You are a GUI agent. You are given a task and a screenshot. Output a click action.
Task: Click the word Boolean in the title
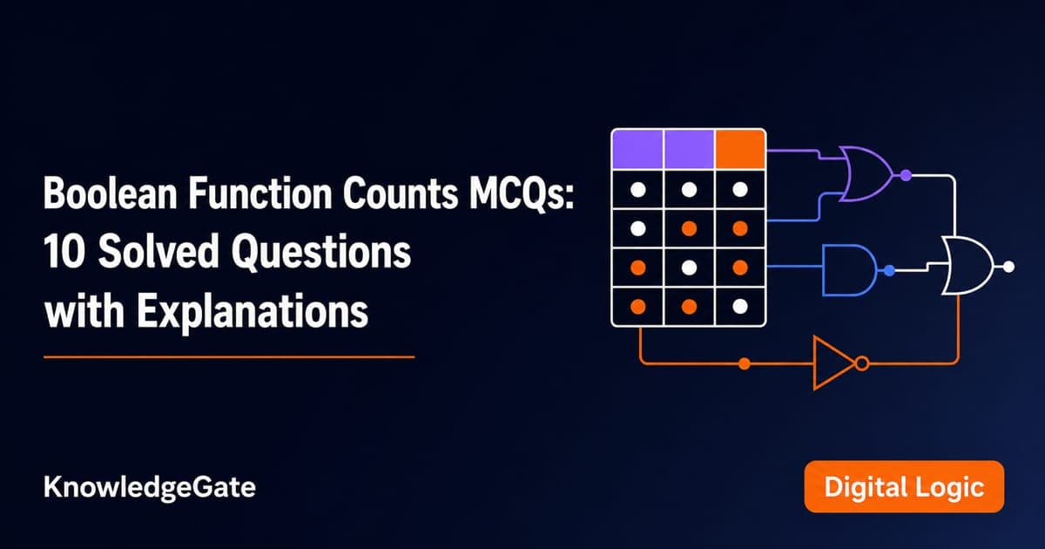(110, 193)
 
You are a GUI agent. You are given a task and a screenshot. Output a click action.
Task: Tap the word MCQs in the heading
(522, 194)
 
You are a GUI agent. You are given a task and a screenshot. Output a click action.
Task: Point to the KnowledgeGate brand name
(150, 488)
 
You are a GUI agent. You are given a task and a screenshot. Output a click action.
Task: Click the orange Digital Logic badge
(904, 487)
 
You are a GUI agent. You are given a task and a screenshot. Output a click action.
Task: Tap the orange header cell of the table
(740, 149)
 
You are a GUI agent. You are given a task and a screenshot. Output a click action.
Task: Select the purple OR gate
(866, 174)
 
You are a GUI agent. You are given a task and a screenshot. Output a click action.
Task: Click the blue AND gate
(850, 270)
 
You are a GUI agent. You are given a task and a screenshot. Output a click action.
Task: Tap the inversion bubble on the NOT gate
(863, 363)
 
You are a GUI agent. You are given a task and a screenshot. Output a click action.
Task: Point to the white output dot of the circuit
(1008, 267)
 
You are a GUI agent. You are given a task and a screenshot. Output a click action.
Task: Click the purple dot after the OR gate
(906, 175)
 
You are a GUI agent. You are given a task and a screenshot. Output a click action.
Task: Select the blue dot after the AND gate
(890, 270)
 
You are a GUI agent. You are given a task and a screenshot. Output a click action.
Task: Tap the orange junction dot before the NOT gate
(745, 363)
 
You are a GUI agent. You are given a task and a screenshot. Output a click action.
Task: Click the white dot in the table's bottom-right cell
(740, 306)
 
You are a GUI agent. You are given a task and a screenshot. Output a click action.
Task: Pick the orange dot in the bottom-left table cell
(638, 306)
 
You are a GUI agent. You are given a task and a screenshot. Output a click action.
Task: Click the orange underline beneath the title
(229, 357)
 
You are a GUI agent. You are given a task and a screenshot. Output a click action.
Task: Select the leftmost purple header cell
(637, 149)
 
